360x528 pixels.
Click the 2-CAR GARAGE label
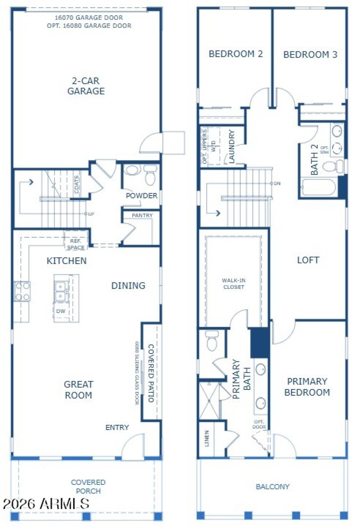click(86, 86)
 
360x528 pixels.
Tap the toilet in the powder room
click(150, 176)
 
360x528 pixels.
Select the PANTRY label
click(142, 215)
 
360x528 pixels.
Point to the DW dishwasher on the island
click(60, 311)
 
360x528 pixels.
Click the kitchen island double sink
click(60, 291)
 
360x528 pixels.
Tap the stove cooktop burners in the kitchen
click(22, 291)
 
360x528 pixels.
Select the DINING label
click(128, 286)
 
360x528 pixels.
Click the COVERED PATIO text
click(151, 373)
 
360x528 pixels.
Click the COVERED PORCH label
click(88, 487)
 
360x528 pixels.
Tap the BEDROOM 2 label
click(235, 54)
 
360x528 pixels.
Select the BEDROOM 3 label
click(310, 54)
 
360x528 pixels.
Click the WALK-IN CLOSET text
click(233, 283)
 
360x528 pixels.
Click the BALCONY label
click(272, 487)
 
